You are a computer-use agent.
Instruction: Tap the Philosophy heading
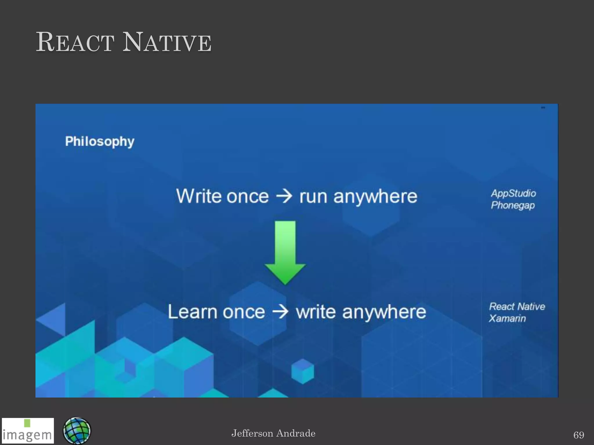tap(99, 141)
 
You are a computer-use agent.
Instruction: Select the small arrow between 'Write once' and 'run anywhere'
tap(284, 196)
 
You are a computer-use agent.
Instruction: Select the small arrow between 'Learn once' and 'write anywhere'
tap(280, 312)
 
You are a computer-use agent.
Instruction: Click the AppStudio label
tap(513, 193)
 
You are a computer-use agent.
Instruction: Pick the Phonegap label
tap(512, 205)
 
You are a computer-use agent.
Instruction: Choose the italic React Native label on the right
tap(517, 306)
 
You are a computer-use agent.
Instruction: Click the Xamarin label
tap(507, 318)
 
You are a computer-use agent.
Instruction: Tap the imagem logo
tap(28, 431)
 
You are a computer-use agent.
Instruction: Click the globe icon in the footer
tap(77, 431)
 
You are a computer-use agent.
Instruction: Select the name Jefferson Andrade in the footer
tap(273, 433)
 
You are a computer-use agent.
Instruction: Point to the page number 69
tap(578, 435)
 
